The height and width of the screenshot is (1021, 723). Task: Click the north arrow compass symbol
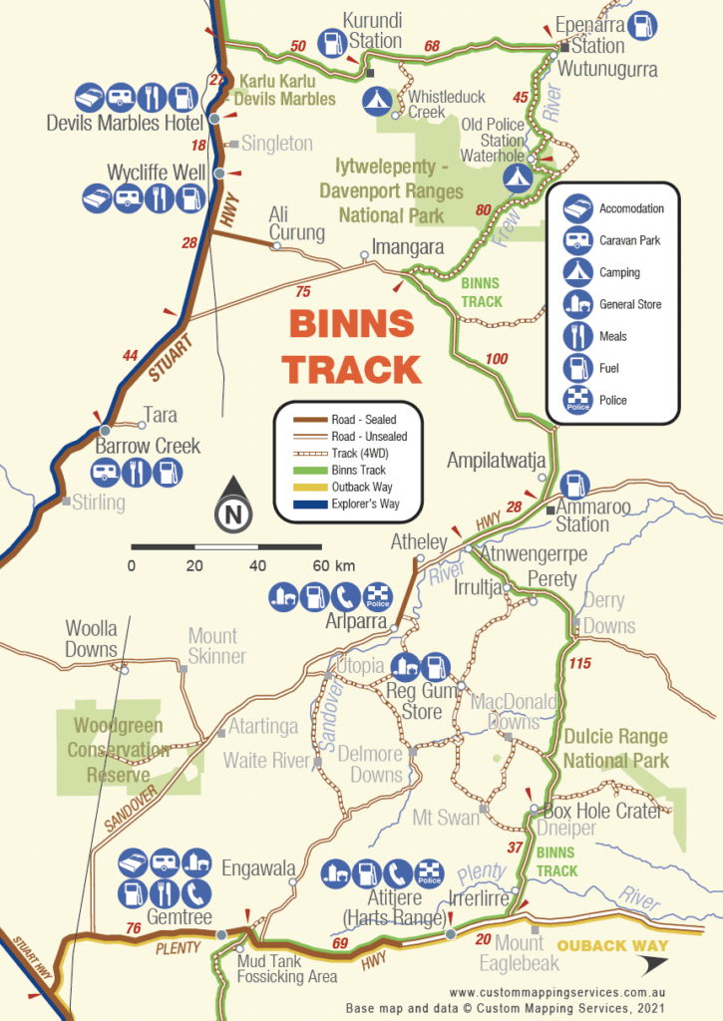(x=232, y=506)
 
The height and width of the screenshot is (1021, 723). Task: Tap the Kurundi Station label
(x=372, y=31)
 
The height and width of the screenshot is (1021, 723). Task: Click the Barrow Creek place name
(x=148, y=445)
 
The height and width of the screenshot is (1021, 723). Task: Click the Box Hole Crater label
(x=602, y=811)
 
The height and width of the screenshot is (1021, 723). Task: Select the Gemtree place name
(x=166, y=915)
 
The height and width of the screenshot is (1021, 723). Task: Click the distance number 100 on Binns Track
(x=495, y=358)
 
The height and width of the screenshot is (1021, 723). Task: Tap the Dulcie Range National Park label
(x=615, y=749)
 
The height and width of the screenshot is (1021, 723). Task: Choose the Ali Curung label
(x=297, y=223)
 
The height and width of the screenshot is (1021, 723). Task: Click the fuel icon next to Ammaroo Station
(x=574, y=485)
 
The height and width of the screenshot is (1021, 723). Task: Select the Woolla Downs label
(x=91, y=639)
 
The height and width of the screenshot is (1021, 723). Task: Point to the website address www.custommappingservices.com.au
(x=556, y=993)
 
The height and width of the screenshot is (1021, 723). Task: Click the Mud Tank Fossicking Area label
(x=287, y=969)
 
